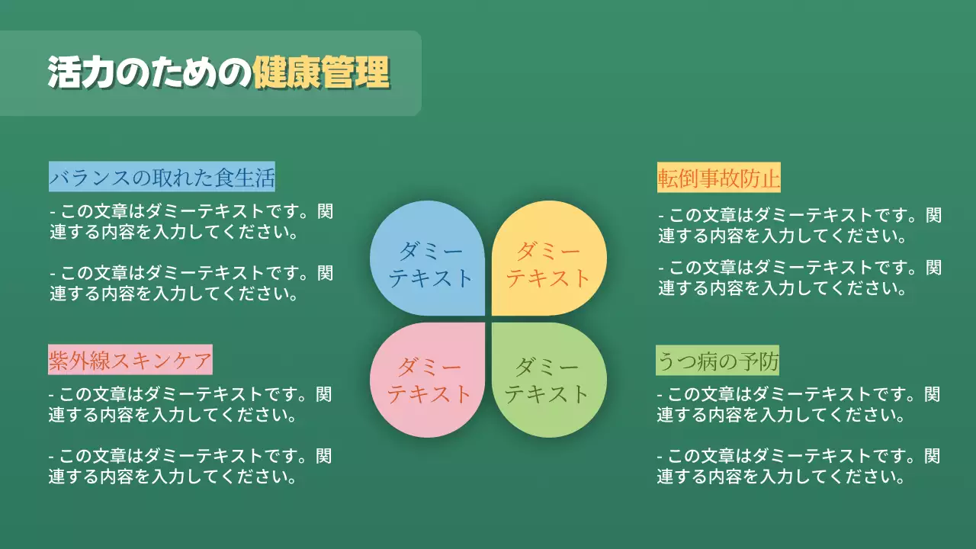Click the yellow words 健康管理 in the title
tap(321, 73)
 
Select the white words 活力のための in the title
tap(149, 73)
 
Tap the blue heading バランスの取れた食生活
tap(162, 178)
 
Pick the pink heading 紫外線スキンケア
tap(130, 360)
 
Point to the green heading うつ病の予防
tap(718, 361)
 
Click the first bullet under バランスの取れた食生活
tap(191, 221)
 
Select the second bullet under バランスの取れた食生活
tap(191, 282)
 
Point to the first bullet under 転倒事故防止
tap(799, 226)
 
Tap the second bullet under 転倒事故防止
tap(799, 278)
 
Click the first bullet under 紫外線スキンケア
tap(191, 404)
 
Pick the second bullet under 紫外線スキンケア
tap(191, 466)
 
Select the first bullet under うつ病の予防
tap(799, 405)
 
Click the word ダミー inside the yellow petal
tap(548, 251)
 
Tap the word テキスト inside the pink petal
tap(429, 393)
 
